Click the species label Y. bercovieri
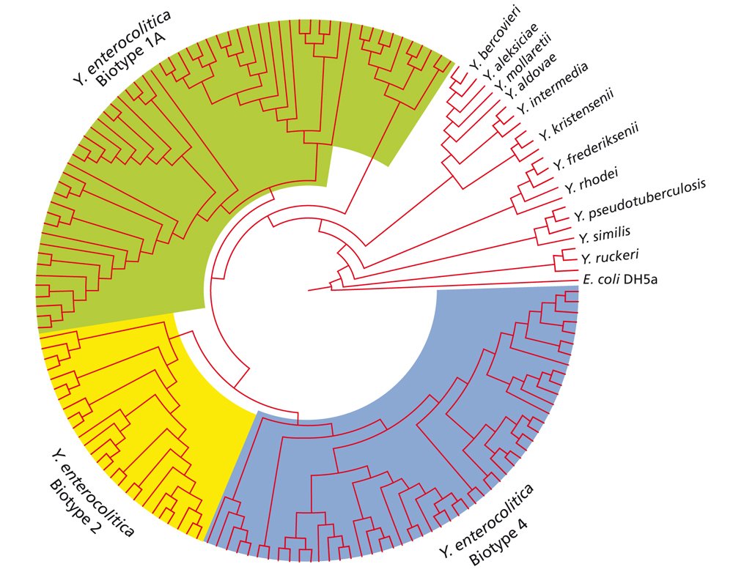coord(495,37)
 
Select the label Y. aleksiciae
coord(511,51)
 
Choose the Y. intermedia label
coord(553,89)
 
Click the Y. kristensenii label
coord(575,115)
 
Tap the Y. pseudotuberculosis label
coord(640,200)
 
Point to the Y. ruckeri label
coord(610,257)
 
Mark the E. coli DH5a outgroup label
coord(620,280)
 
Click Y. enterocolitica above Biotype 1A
coord(122,46)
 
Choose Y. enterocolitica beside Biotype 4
coord(487,520)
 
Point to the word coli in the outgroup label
coord(607,280)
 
